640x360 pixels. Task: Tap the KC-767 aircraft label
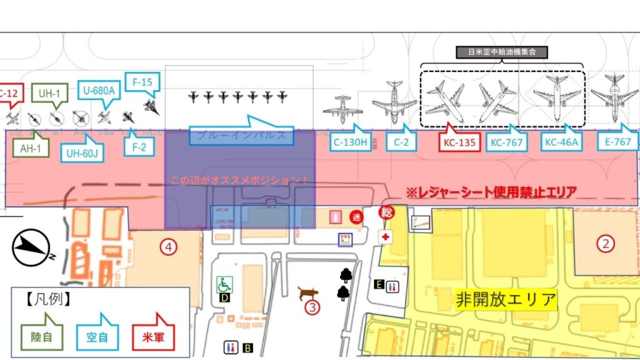coord(506,143)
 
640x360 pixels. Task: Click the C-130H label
coord(349,142)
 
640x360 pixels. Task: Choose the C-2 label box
coord(401,142)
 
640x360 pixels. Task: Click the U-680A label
coord(99,91)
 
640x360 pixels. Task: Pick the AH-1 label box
coord(29,149)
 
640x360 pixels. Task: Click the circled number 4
coord(167,246)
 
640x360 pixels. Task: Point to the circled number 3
coord(311,307)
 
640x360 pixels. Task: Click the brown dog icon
coord(307,292)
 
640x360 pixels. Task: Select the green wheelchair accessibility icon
coord(224,284)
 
